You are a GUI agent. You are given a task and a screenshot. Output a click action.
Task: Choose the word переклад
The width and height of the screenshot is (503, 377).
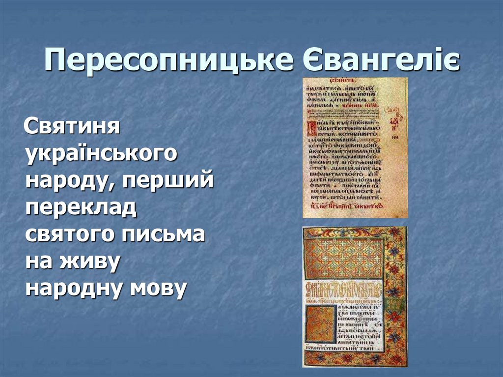(x=81, y=208)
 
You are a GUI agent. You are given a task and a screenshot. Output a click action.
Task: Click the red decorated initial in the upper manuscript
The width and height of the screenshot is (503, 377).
(x=310, y=128)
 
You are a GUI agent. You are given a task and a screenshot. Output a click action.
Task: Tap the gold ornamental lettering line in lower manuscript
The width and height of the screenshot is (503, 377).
(x=344, y=287)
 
